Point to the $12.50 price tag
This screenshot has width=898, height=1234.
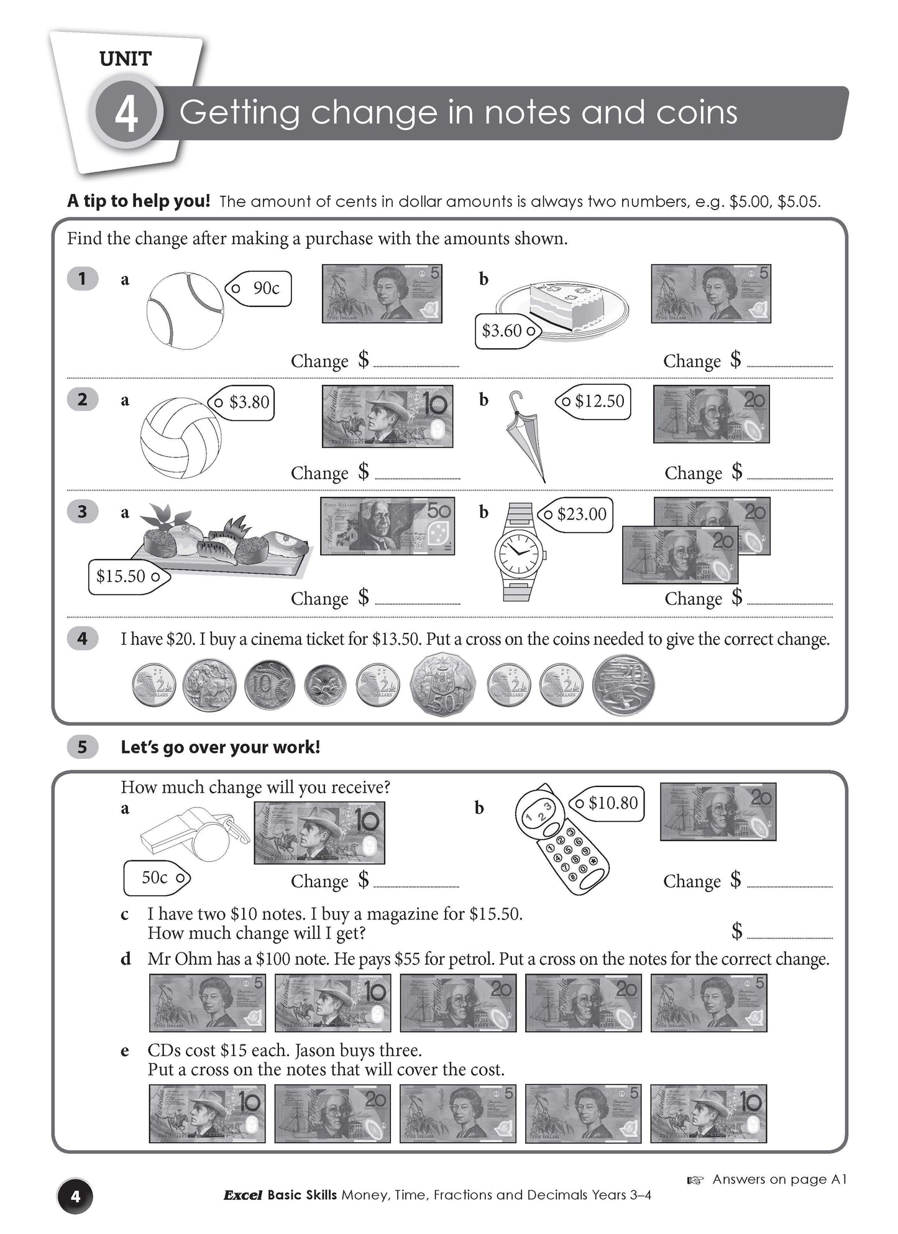point(594,402)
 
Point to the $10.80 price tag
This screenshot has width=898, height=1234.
point(607,803)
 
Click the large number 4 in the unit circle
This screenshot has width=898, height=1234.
point(127,115)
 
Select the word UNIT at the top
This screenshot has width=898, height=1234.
point(125,60)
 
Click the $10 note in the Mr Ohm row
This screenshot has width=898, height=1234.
point(332,1003)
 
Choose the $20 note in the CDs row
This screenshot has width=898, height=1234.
point(332,1113)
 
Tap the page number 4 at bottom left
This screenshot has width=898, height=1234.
point(75,1196)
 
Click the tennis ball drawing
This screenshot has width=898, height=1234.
point(185,309)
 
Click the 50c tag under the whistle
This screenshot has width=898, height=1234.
point(157,878)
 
